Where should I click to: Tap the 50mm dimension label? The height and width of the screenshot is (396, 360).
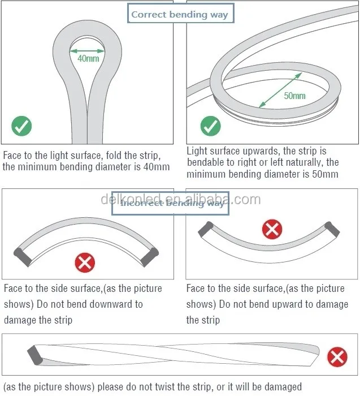pyautogui.click(x=294, y=95)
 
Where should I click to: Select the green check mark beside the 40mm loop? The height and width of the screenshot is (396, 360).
pyautogui.click(x=22, y=126)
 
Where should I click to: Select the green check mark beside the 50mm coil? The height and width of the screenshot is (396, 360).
pyautogui.click(x=210, y=126)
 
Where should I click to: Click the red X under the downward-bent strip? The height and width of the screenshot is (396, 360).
pyautogui.click(x=85, y=262)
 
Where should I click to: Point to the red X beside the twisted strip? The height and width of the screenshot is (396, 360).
pyautogui.click(x=337, y=357)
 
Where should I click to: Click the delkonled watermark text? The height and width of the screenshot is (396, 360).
pyautogui.click(x=180, y=199)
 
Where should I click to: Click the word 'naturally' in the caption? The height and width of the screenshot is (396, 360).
pyautogui.click(x=293, y=163)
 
